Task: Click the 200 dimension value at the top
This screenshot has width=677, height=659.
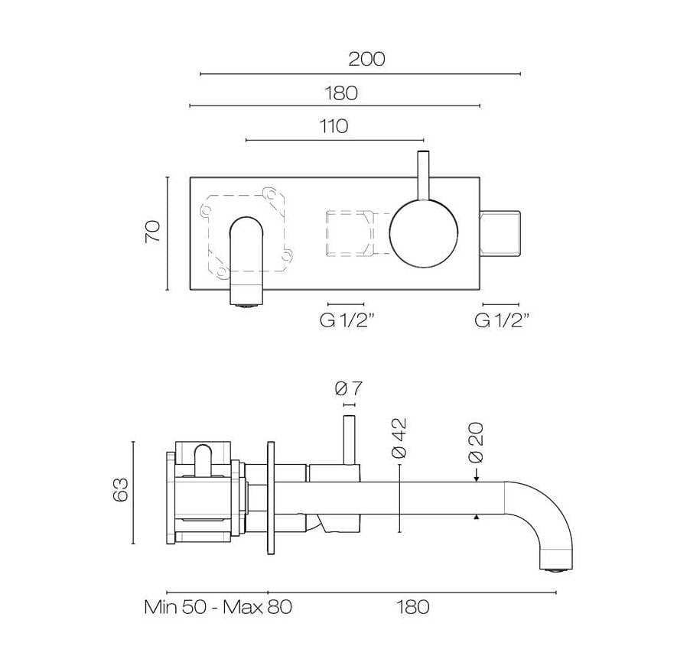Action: [x=366, y=58]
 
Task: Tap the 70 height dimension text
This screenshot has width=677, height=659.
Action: [x=153, y=232]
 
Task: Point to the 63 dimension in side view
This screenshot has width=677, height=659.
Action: [x=120, y=490]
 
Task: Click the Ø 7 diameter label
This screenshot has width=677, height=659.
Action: [x=348, y=389]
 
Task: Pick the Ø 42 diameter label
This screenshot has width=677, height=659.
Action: [x=398, y=438]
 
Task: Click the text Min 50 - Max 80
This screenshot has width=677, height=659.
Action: [x=218, y=608]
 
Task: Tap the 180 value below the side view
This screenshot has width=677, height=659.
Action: [x=412, y=608]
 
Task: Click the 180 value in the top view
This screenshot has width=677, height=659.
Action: [x=340, y=93]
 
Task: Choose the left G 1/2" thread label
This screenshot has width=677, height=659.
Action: [x=346, y=321]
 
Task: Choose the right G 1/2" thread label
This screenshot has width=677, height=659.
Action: [x=502, y=321]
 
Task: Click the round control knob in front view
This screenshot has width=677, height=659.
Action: [x=424, y=234]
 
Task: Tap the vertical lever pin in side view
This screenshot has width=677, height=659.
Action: [x=349, y=440]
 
